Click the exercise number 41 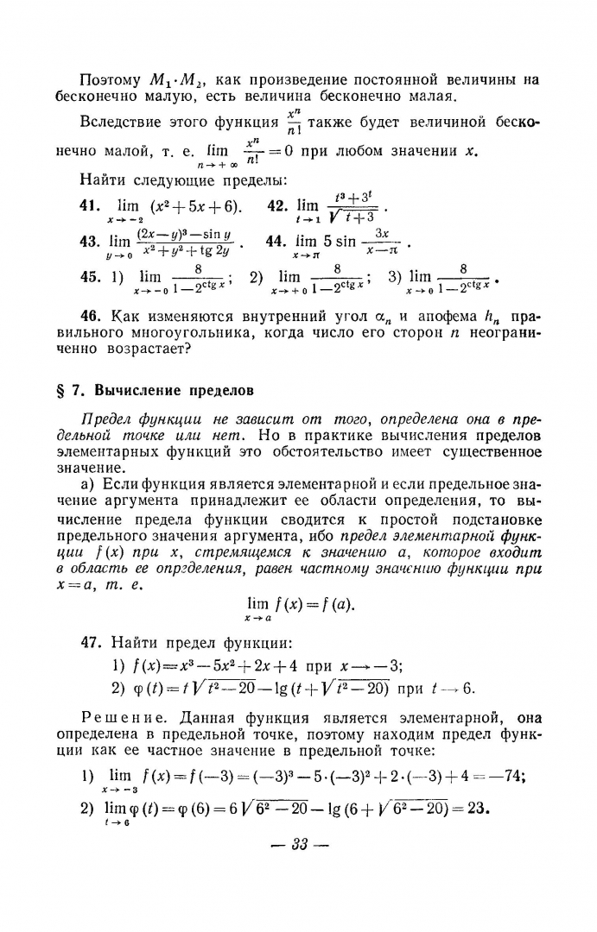89,206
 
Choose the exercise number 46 89,317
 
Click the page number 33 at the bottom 299,843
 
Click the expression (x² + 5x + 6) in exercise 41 195,206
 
